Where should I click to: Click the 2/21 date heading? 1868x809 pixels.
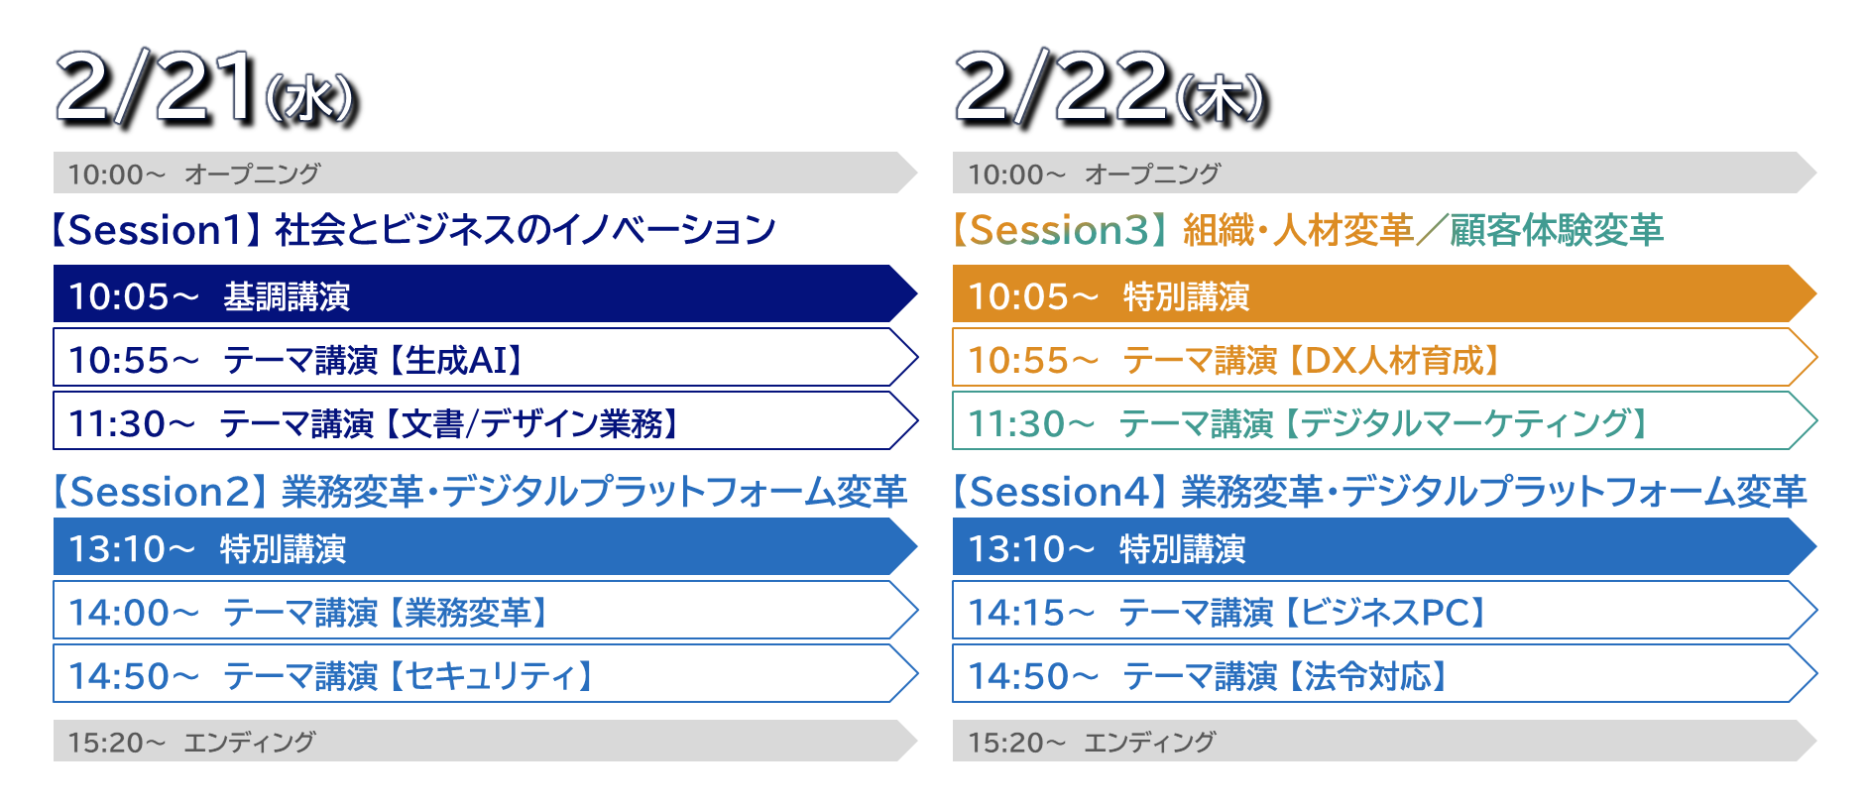pos(206,88)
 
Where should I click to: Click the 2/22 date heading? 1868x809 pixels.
pos(1111,88)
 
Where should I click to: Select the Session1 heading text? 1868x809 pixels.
pos(411,230)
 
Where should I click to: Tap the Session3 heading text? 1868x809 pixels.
pos(1307,230)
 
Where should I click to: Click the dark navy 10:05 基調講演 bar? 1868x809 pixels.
pos(485,294)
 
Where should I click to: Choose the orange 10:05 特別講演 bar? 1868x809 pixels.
pos(1384,294)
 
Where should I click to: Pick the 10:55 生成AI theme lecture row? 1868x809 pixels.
pos(485,358)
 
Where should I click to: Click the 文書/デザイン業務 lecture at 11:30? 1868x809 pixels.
pos(485,421)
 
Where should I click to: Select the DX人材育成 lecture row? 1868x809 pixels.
pos(1384,358)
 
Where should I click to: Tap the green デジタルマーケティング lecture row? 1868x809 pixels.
pos(1384,421)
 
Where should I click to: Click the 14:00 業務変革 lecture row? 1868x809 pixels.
pos(485,611)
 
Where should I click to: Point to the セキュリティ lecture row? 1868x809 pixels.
pos(485,674)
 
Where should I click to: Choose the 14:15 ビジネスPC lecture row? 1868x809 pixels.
pos(1384,611)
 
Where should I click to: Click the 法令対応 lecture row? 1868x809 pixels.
pos(1384,674)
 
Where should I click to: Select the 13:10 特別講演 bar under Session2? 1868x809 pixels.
pos(485,547)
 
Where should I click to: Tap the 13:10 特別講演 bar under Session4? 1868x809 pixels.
pos(1384,547)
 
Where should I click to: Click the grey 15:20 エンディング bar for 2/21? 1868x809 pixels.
pos(485,741)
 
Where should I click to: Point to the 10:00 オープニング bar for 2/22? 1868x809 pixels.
pos(1384,173)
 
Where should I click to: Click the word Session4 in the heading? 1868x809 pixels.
pos(1059,492)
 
